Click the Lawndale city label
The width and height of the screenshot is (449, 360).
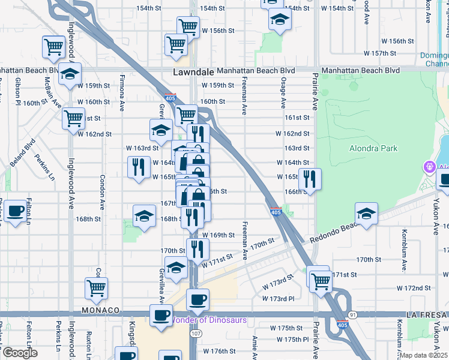193,71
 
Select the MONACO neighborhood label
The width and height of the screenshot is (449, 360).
97,311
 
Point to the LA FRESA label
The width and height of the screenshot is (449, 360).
426,314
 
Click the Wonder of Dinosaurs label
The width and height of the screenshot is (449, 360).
209,320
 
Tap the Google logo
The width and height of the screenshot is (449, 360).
19,353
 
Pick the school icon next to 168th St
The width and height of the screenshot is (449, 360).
144,217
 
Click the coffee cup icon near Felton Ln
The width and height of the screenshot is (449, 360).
16,211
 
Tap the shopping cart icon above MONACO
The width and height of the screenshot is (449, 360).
96,287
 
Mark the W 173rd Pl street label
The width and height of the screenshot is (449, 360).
279,298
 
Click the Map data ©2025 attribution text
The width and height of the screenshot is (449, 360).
424,355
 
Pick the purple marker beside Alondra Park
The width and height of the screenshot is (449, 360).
429,166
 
